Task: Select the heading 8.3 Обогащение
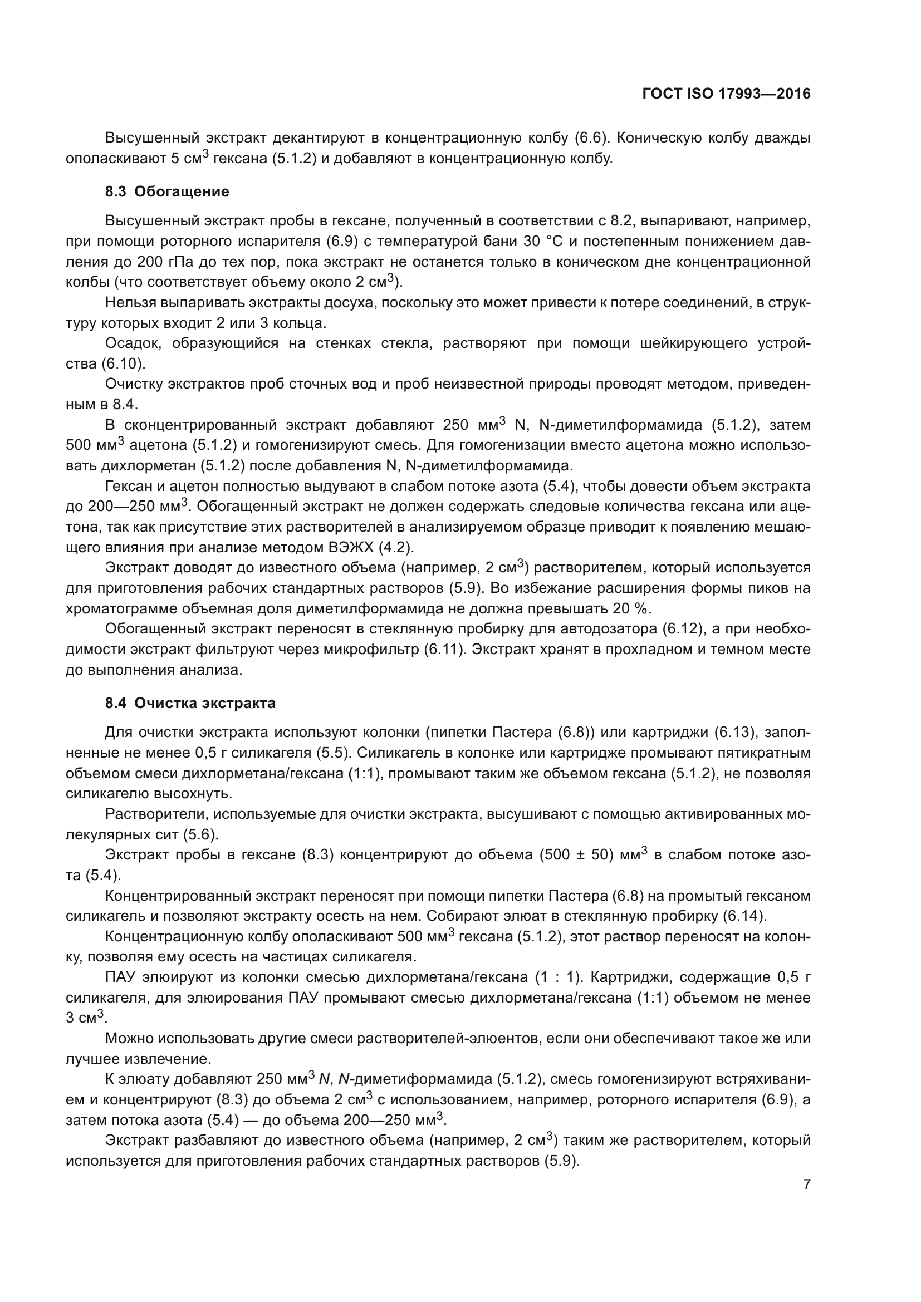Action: (167, 191)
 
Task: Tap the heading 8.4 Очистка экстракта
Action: (190, 703)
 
